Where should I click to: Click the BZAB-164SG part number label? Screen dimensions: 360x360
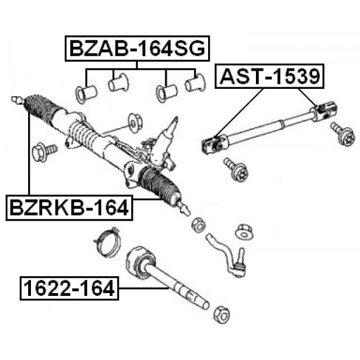[137, 48]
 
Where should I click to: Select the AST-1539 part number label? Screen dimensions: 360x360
[269, 76]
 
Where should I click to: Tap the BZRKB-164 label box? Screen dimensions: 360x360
[69, 208]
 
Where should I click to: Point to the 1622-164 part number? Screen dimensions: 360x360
[69, 288]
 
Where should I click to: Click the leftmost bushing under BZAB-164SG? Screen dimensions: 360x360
[86, 93]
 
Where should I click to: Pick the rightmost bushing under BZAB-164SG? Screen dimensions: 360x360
[195, 83]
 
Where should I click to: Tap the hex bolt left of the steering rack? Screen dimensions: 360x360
[44, 152]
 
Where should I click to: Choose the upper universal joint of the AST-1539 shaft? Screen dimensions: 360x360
[323, 111]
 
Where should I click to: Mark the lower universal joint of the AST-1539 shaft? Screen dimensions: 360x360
[215, 143]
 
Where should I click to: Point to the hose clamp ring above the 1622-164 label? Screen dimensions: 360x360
[107, 241]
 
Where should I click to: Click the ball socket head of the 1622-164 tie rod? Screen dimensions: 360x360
[141, 260]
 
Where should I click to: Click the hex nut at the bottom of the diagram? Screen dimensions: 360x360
[222, 314]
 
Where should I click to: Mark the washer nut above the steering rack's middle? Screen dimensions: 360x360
[135, 121]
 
